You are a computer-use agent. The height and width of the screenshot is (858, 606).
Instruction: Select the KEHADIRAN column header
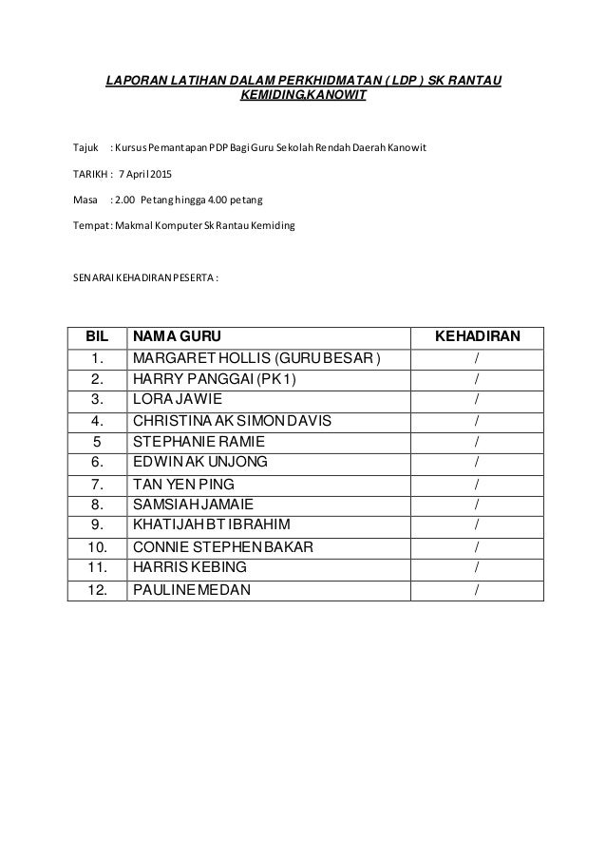(476, 336)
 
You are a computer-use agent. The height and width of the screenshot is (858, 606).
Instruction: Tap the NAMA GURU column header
(180, 336)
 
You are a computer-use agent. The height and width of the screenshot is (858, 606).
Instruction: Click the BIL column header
(98, 336)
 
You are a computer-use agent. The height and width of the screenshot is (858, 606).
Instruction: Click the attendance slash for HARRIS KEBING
(476, 567)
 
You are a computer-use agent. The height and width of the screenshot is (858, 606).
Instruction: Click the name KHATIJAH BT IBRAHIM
(212, 525)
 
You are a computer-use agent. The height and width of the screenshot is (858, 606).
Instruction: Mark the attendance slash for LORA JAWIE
(476, 399)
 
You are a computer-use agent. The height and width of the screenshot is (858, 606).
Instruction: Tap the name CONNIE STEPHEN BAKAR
(225, 546)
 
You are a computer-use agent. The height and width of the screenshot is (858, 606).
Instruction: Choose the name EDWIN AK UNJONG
(200, 462)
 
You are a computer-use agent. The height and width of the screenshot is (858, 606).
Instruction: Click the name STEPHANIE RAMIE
(199, 441)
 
